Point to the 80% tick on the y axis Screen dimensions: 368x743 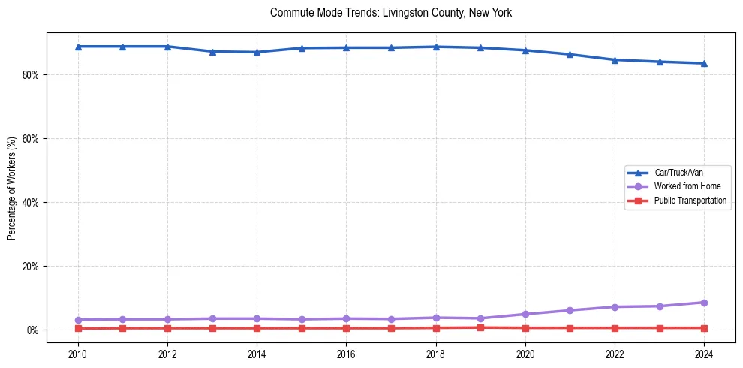(32, 75)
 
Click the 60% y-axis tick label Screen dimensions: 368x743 (32, 139)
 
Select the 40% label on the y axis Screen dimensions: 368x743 (32, 203)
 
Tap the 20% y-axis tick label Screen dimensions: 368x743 (32, 267)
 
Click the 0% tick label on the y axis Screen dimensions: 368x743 (34, 330)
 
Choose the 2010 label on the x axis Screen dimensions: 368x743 (78, 354)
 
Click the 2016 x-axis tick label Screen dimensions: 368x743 (346, 354)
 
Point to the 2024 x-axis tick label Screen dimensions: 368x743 (704, 354)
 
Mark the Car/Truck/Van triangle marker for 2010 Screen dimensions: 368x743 (78, 47)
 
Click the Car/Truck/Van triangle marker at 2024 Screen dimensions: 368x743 (704, 63)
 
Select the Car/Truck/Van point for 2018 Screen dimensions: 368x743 (436, 47)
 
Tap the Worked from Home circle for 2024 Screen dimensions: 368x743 (704, 303)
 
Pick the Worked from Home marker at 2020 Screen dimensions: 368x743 (525, 314)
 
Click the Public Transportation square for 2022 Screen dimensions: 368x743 (615, 328)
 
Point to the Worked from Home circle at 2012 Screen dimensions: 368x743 (167, 319)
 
